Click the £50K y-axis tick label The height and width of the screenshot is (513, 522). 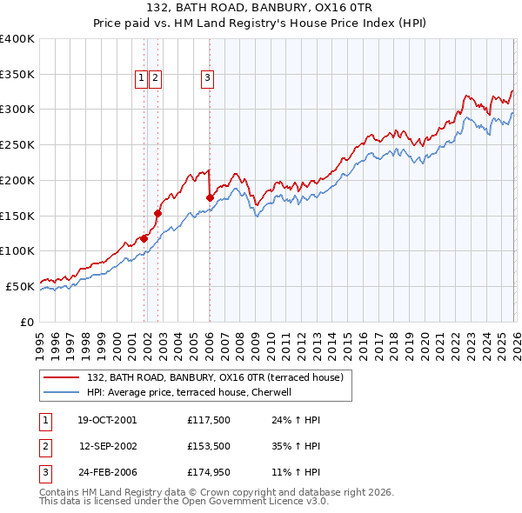click(x=21, y=286)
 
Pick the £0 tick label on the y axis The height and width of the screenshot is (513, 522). click(x=28, y=322)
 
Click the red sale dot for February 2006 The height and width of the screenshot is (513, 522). click(x=210, y=198)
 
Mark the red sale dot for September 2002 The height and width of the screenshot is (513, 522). click(x=157, y=213)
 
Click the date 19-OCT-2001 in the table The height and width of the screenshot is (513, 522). click(x=107, y=420)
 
